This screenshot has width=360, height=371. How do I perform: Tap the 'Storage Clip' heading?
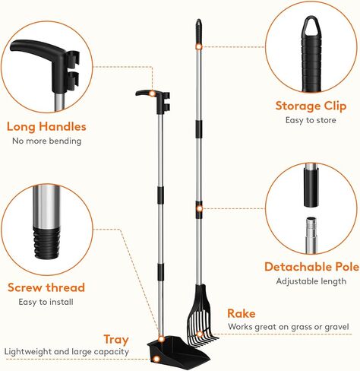tap(308, 106)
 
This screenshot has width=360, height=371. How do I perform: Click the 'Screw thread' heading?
tap(46, 287)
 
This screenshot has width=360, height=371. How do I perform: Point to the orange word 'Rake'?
tap(242, 313)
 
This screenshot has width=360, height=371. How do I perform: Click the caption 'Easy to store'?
tap(308, 120)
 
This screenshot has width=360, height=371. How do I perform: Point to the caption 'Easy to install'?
tap(46, 302)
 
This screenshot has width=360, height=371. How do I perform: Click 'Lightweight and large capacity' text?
tap(66, 352)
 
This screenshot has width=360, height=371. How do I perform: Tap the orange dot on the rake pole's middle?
tap(199, 207)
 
